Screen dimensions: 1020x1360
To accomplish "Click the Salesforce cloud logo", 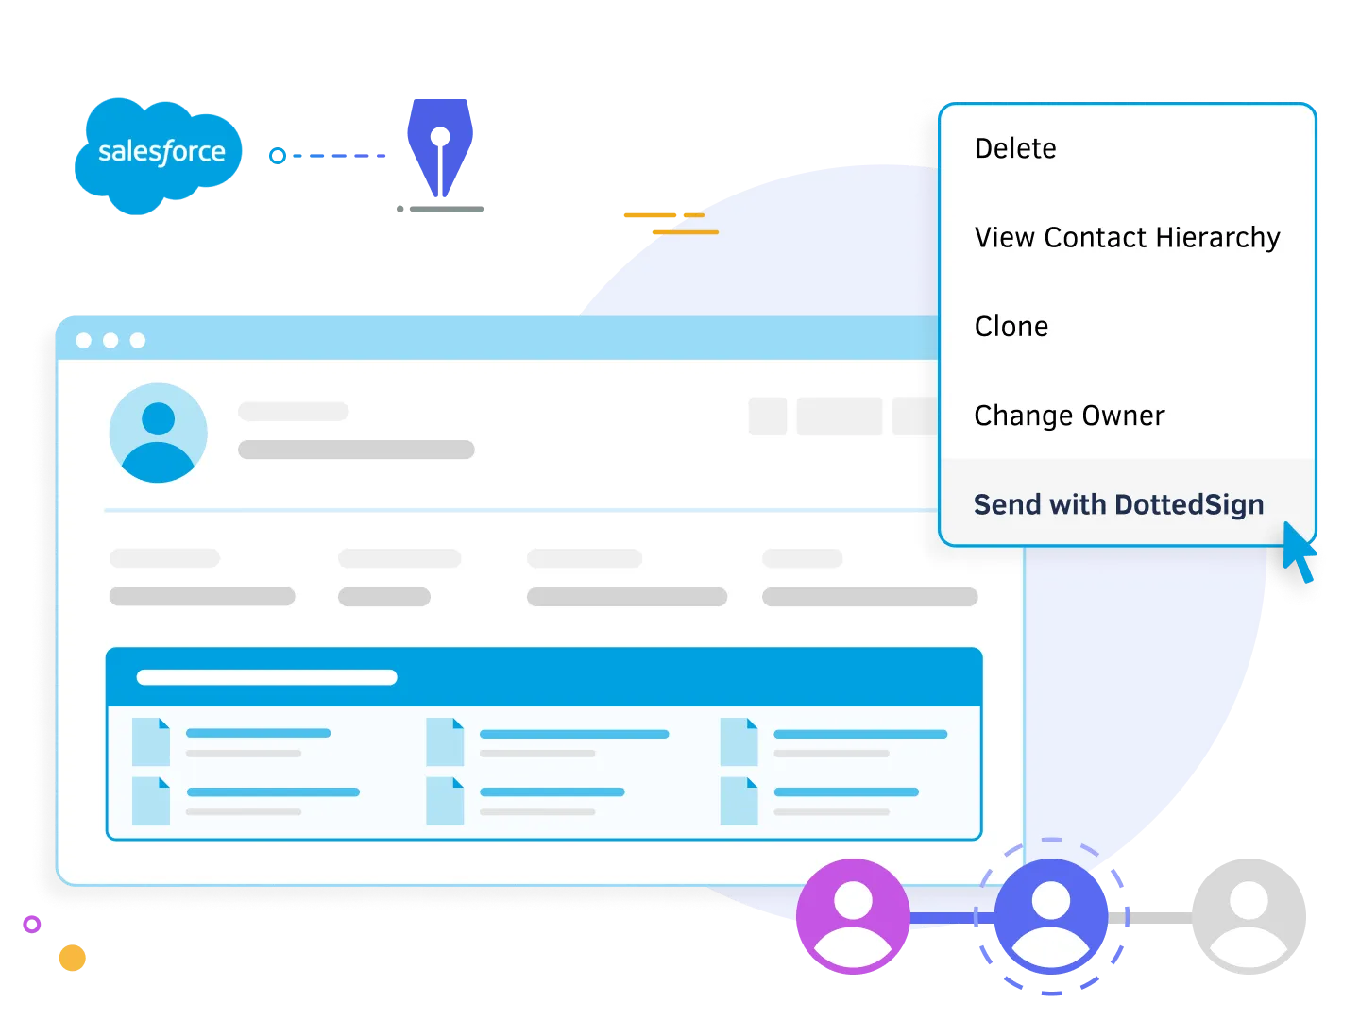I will tap(159, 153).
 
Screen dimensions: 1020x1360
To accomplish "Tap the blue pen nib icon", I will tap(439, 145).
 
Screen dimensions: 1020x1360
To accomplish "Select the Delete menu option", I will tap(1015, 148).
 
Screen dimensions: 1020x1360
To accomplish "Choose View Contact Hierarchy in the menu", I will tap(1127, 237).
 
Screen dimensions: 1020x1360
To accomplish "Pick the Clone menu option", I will tap(1011, 327).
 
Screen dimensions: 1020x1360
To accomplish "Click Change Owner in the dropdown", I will tap(1069, 416).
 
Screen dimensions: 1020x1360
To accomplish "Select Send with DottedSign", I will tap(1118, 504).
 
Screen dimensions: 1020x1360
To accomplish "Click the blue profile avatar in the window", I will tap(158, 433).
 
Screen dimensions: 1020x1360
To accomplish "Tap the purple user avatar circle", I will tap(853, 914).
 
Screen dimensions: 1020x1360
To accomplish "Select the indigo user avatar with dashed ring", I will tap(1051, 914).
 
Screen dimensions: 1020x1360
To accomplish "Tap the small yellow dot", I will tap(73, 959).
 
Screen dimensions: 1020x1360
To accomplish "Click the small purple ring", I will tap(33, 925).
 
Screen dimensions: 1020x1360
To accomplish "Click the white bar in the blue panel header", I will tap(266, 677).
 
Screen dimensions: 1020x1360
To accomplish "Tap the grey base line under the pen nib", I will tap(440, 211).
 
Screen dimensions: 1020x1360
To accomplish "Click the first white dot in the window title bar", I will tap(84, 340).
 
